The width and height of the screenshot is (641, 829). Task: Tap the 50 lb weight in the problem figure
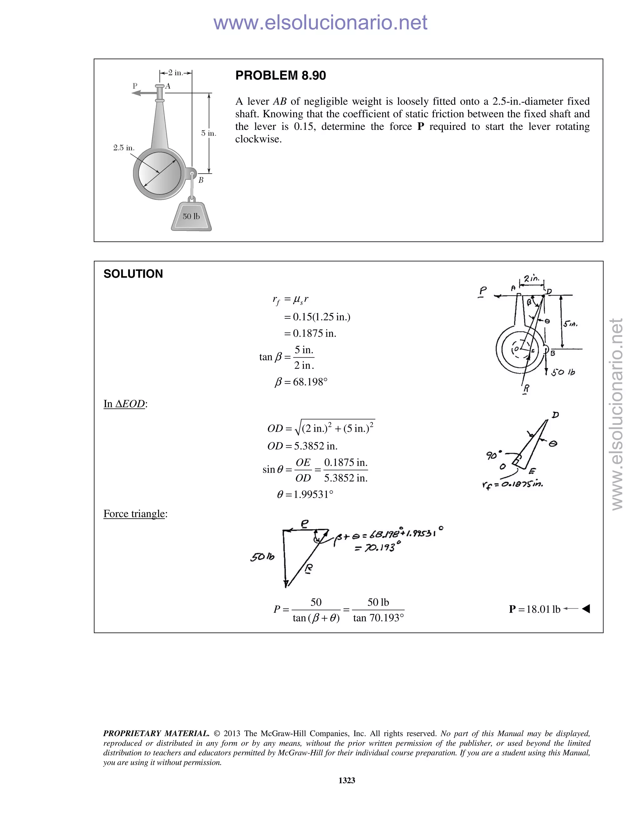tap(191, 217)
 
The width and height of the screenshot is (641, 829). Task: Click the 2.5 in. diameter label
tap(124, 148)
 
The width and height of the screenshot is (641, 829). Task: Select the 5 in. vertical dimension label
tap(208, 133)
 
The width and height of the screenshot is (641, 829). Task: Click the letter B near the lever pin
tap(201, 180)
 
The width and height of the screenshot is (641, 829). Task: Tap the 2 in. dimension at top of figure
tap(176, 72)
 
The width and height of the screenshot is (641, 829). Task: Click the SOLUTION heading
tap(133, 274)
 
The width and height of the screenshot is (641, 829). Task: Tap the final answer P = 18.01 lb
tap(535, 609)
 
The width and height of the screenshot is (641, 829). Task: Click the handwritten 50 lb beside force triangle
tap(262, 557)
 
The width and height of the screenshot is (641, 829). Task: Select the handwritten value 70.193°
tap(377, 548)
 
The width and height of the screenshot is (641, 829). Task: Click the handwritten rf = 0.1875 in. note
tap(512, 485)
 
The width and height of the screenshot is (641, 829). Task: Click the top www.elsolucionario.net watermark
tap(320, 23)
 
